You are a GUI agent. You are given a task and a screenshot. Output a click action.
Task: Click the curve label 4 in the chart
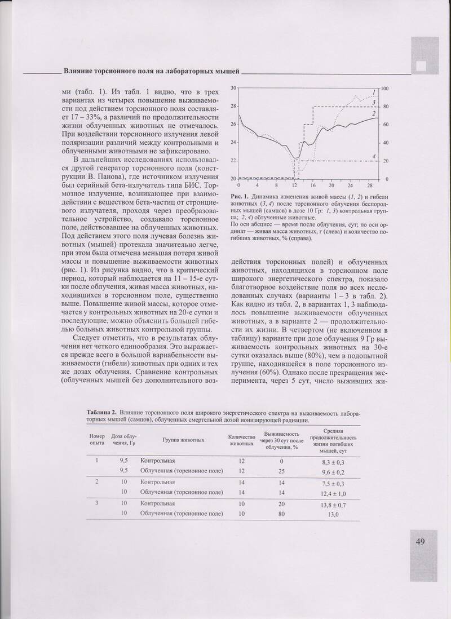point(374,156)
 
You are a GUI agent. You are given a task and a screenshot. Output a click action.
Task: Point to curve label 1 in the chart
point(374,92)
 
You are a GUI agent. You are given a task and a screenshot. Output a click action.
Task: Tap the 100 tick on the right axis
point(385,89)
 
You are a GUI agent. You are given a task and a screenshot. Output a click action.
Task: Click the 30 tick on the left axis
point(233,88)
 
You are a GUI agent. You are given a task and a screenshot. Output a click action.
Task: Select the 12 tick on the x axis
point(294,185)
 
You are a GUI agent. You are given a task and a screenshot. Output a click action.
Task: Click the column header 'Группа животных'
point(183,439)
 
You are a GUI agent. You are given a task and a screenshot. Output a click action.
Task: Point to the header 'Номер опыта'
point(96,439)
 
